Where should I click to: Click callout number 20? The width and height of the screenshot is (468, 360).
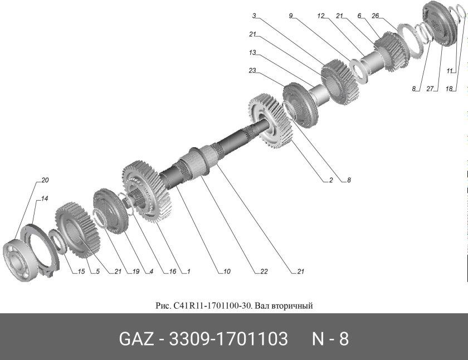(45, 180)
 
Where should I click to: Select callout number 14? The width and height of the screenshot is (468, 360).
(45, 198)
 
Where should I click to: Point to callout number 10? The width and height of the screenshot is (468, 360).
(226, 272)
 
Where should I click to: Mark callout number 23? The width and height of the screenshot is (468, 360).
(252, 71)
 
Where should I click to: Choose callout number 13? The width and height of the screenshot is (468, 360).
(252, 53)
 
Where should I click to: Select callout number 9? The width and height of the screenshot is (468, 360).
(291, 16)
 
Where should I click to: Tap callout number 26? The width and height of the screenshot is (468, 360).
(376, 16)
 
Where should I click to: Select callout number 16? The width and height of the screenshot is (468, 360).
(172, 272)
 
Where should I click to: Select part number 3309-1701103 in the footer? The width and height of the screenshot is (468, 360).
(228, 339)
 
